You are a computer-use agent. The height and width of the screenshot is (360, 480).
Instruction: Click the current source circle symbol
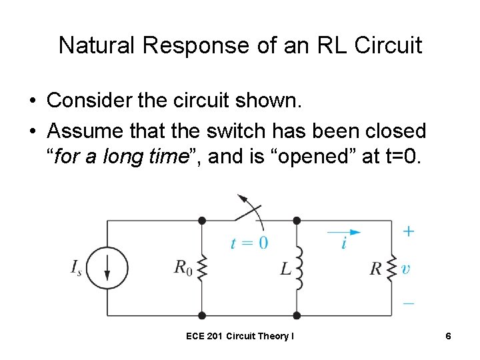tap(108, 268)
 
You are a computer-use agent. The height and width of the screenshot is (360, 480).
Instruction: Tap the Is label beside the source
tap(77, 268)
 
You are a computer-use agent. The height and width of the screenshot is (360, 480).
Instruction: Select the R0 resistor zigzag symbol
tap(202, 268)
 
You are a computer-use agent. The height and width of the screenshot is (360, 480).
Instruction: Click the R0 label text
tap(183, 268)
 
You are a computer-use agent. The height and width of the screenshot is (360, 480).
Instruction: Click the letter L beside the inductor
tap(285, 269)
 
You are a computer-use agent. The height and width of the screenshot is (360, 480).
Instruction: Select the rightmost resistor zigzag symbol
tap(391, 268)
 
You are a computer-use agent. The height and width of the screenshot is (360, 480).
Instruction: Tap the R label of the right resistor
tap(376, 269)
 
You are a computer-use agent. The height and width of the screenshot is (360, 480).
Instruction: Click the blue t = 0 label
tap(249, 243)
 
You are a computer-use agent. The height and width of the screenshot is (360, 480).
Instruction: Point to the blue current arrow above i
tap(344, 232)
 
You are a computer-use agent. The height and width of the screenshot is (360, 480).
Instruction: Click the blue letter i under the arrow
tap(343, 243)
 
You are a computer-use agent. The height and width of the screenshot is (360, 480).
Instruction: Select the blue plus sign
tap(408, 231)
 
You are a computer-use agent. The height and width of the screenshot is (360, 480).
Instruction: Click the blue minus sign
tap(408, 303)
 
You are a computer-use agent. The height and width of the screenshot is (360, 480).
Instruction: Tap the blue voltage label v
tap(405, 269)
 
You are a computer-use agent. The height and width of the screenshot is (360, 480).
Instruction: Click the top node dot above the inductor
tap(297, 220)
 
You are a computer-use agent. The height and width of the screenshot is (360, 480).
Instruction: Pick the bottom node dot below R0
tap(202, 315)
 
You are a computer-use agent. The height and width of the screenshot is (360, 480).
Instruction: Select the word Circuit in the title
tap(388, 45)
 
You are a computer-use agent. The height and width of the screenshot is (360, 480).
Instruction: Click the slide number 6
tap(449, 336)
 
